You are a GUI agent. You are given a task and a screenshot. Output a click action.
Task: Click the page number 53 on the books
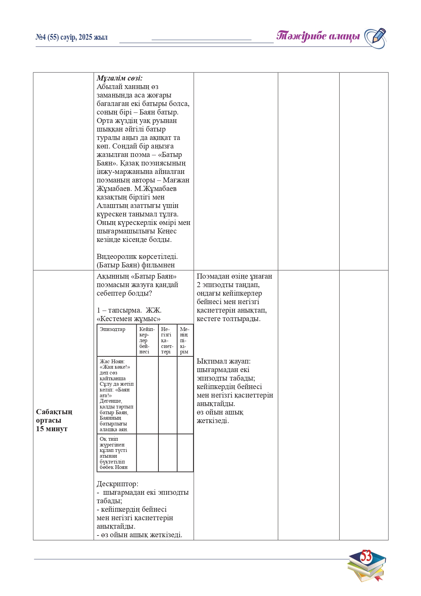click(366, 556)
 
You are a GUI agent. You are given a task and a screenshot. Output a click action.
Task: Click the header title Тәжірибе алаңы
click(318, 36)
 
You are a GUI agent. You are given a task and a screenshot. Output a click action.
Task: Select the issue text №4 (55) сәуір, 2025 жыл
click(72, 37)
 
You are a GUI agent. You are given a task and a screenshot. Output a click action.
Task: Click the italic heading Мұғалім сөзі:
click(119, 78)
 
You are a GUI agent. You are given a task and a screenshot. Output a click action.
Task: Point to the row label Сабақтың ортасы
click(54, 416)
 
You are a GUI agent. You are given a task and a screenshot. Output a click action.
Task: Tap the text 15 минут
click(52, 429)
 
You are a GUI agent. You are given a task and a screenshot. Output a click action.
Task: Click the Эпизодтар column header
click(112, 329)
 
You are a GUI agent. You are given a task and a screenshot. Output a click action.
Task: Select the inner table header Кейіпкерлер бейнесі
click(147, 340)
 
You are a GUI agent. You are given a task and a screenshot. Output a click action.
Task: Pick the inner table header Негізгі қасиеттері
click(167, 340)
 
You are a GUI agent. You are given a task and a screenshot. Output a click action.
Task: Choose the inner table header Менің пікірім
click(185, 340)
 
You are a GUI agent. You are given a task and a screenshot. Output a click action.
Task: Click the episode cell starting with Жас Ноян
click(116, 395)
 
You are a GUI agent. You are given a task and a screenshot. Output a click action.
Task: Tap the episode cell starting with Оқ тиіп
click(113, 453)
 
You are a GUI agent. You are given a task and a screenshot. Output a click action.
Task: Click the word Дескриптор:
click(117, 484)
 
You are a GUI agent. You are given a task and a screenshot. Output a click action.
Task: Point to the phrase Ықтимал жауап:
click(224, 361)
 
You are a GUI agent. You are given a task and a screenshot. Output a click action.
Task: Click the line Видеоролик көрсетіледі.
click(137, 257)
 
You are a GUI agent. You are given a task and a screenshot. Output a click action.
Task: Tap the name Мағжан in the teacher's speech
click(176, 180)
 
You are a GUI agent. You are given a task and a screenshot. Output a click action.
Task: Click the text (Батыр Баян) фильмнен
click(136, 265)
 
